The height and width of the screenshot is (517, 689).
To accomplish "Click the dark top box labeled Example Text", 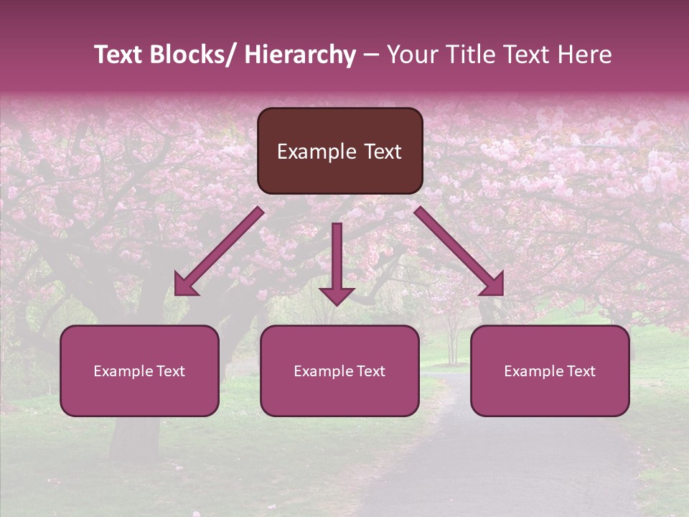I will (339, 151).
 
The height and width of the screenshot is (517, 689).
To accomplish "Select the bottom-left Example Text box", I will (139, 371).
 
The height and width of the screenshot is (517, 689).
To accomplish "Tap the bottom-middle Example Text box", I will (339, 371).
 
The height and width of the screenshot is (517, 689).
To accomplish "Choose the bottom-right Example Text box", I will (550, 371).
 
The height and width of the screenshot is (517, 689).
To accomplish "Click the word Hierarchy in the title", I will (300, 55).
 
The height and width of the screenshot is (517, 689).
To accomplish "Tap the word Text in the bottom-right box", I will (581, 371).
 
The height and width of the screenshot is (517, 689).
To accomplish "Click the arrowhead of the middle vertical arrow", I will (337, 295).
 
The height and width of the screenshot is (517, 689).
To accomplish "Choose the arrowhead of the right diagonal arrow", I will (494, 285).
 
